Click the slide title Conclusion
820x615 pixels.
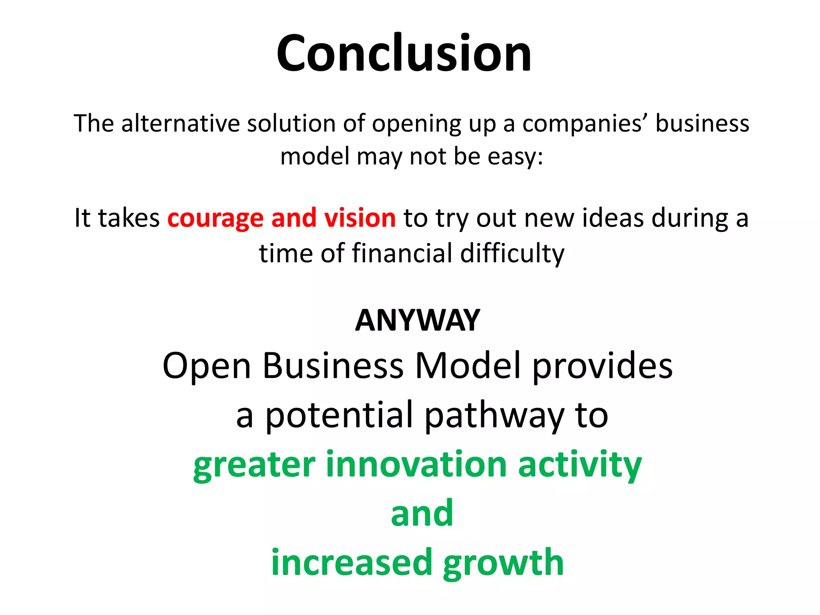[404, 53]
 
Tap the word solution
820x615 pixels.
[291, 123]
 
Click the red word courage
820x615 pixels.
[215, 219]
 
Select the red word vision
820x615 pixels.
[360, 218]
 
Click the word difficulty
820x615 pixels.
[512, 254]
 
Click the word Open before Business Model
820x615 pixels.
[207, 366]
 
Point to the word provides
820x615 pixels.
[602, 366]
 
